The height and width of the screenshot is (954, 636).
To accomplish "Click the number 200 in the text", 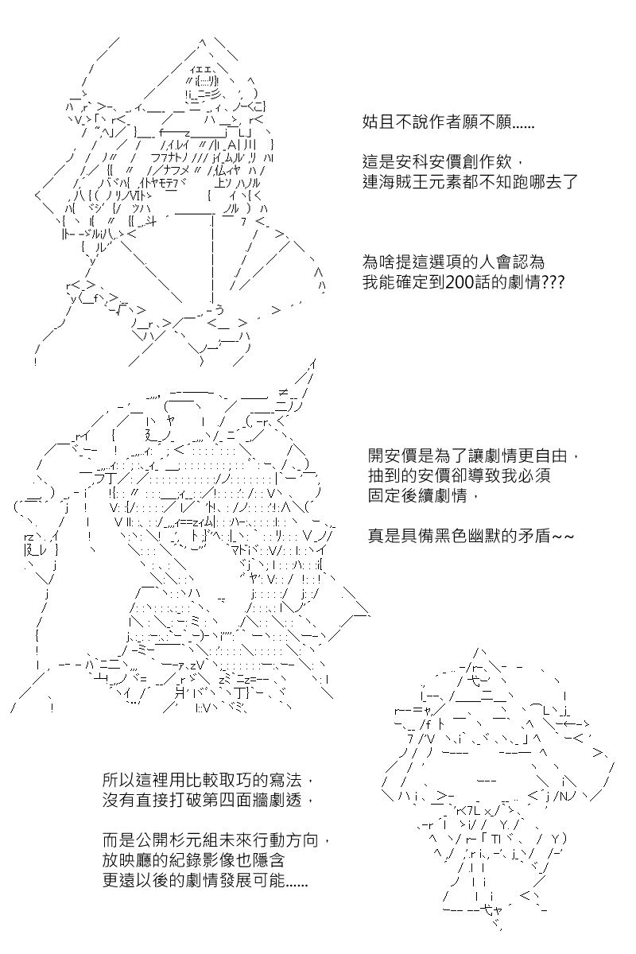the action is (460, 282).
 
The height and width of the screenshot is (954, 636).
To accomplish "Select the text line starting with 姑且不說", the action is (448, 122).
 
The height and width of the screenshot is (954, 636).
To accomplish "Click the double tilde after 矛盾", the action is (563, 537).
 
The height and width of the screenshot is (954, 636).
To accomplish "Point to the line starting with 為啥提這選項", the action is (454, 262).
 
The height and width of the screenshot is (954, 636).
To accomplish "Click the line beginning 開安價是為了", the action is (474, 456).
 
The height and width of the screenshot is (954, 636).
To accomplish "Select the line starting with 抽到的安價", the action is (460, 475).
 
